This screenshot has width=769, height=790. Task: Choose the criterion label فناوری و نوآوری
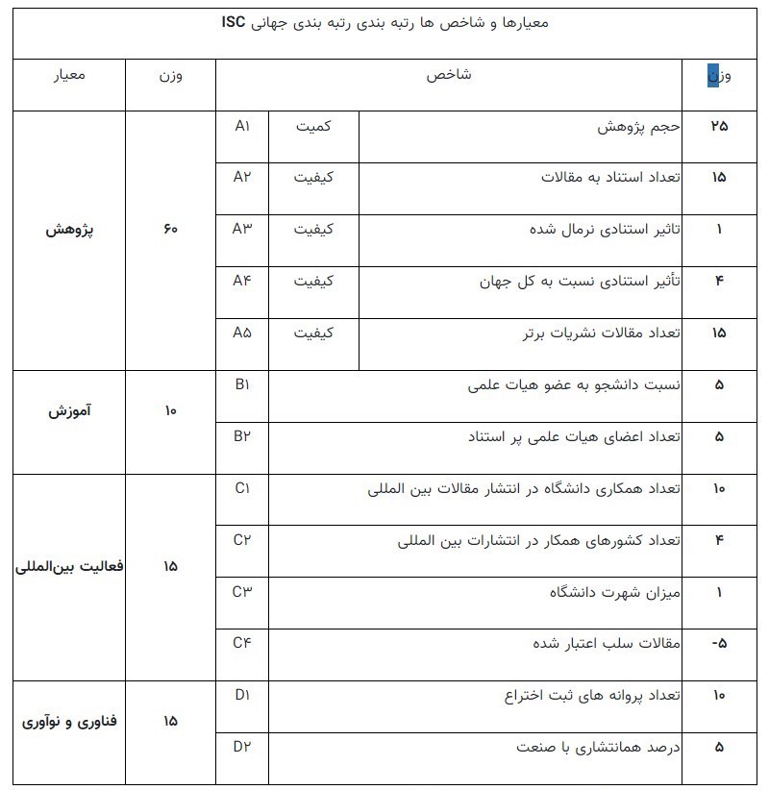point(68,721)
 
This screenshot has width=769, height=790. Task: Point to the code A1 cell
point(242,126)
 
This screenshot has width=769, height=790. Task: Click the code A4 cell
point(242,281)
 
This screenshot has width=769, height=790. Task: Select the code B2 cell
point(242,435)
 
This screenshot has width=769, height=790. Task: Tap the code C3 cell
point(242,590)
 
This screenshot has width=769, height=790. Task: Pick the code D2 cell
point(242,745)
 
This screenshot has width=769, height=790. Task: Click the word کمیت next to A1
point(314,126)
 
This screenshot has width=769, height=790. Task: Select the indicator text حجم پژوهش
point(640,127)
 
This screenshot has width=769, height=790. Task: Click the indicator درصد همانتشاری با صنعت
point(600,747)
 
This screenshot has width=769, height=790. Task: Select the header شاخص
point(449,76)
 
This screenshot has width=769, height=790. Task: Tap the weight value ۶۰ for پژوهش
point(170,231)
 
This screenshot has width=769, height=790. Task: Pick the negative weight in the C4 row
point(719,643)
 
